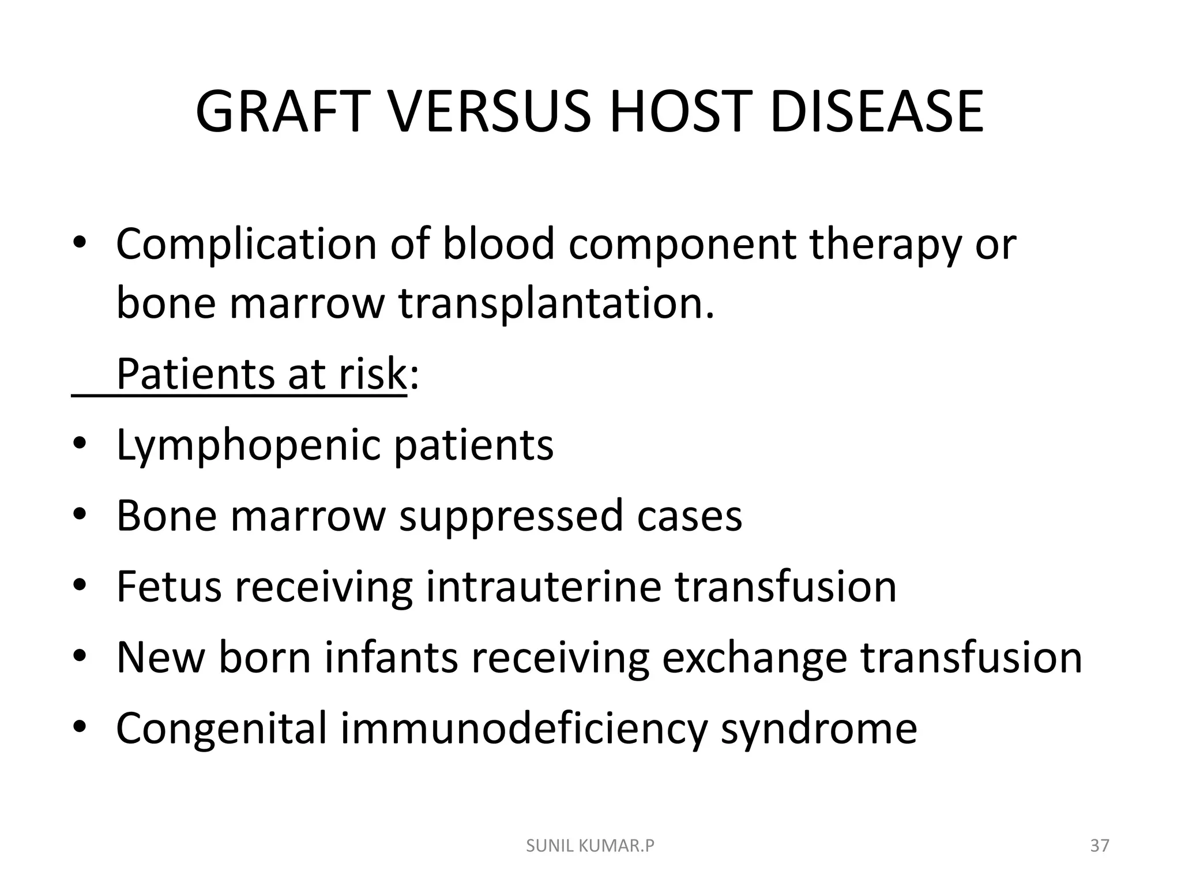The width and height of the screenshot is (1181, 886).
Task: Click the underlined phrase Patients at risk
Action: point(261,375)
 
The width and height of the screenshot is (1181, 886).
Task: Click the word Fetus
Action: point(169,587)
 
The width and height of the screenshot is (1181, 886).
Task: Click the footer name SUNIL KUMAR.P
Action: point(590,846)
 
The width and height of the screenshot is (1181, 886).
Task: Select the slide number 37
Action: point(1100,846)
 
